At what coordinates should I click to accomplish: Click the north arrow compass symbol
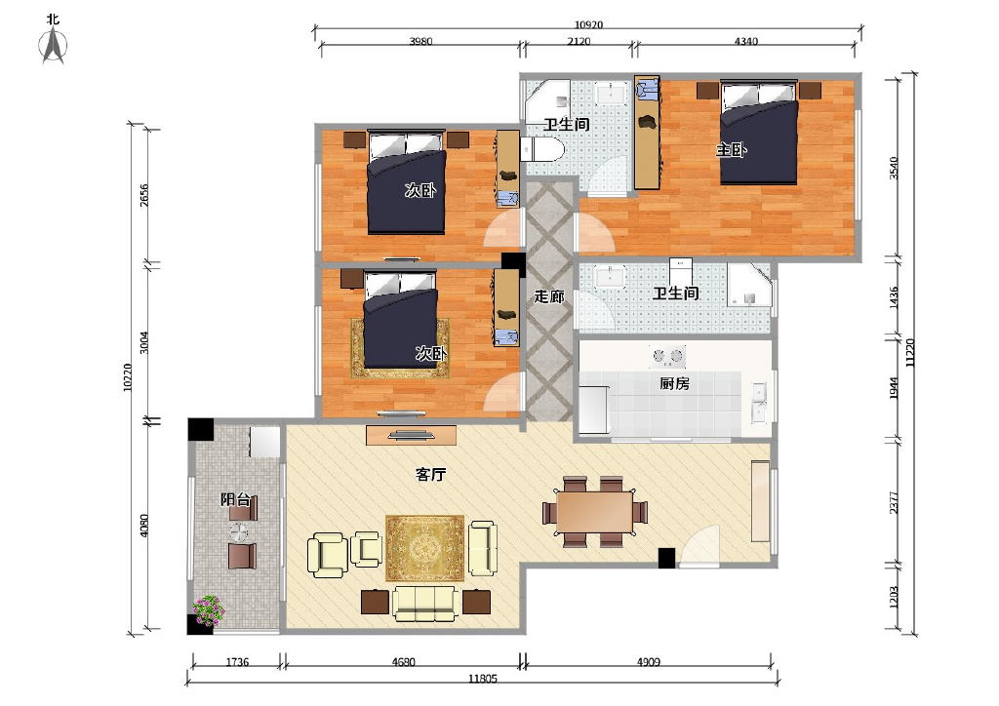[x=54, y=46]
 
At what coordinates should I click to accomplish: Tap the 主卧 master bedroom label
[x=731, y=151]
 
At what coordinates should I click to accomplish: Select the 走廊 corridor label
[x=549, y=296]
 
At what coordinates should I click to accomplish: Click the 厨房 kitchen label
[x=675, y=383]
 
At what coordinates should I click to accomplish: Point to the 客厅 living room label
[x=430, y=474]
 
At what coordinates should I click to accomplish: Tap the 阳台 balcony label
[x=235, y=499]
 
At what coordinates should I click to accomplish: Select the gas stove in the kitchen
[x=667, y=357]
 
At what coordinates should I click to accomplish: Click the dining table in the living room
[x=594, y=512]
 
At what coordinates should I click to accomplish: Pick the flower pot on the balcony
[x=209, y=610]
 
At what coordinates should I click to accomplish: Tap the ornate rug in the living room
[x=425, y=548]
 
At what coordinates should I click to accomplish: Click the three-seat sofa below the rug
[x=424, y=604]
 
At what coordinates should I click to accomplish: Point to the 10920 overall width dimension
[x=588, y=24]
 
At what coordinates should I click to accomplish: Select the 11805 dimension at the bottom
[x=482, y=679]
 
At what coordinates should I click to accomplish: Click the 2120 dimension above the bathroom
[x=579, y=41]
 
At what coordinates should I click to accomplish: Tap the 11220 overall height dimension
[x=910, y=352]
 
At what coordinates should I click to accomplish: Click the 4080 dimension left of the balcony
[x=144, y=526]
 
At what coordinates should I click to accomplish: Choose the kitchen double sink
[x=759, y=403]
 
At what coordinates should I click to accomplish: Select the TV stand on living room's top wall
[x=411, y=435]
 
